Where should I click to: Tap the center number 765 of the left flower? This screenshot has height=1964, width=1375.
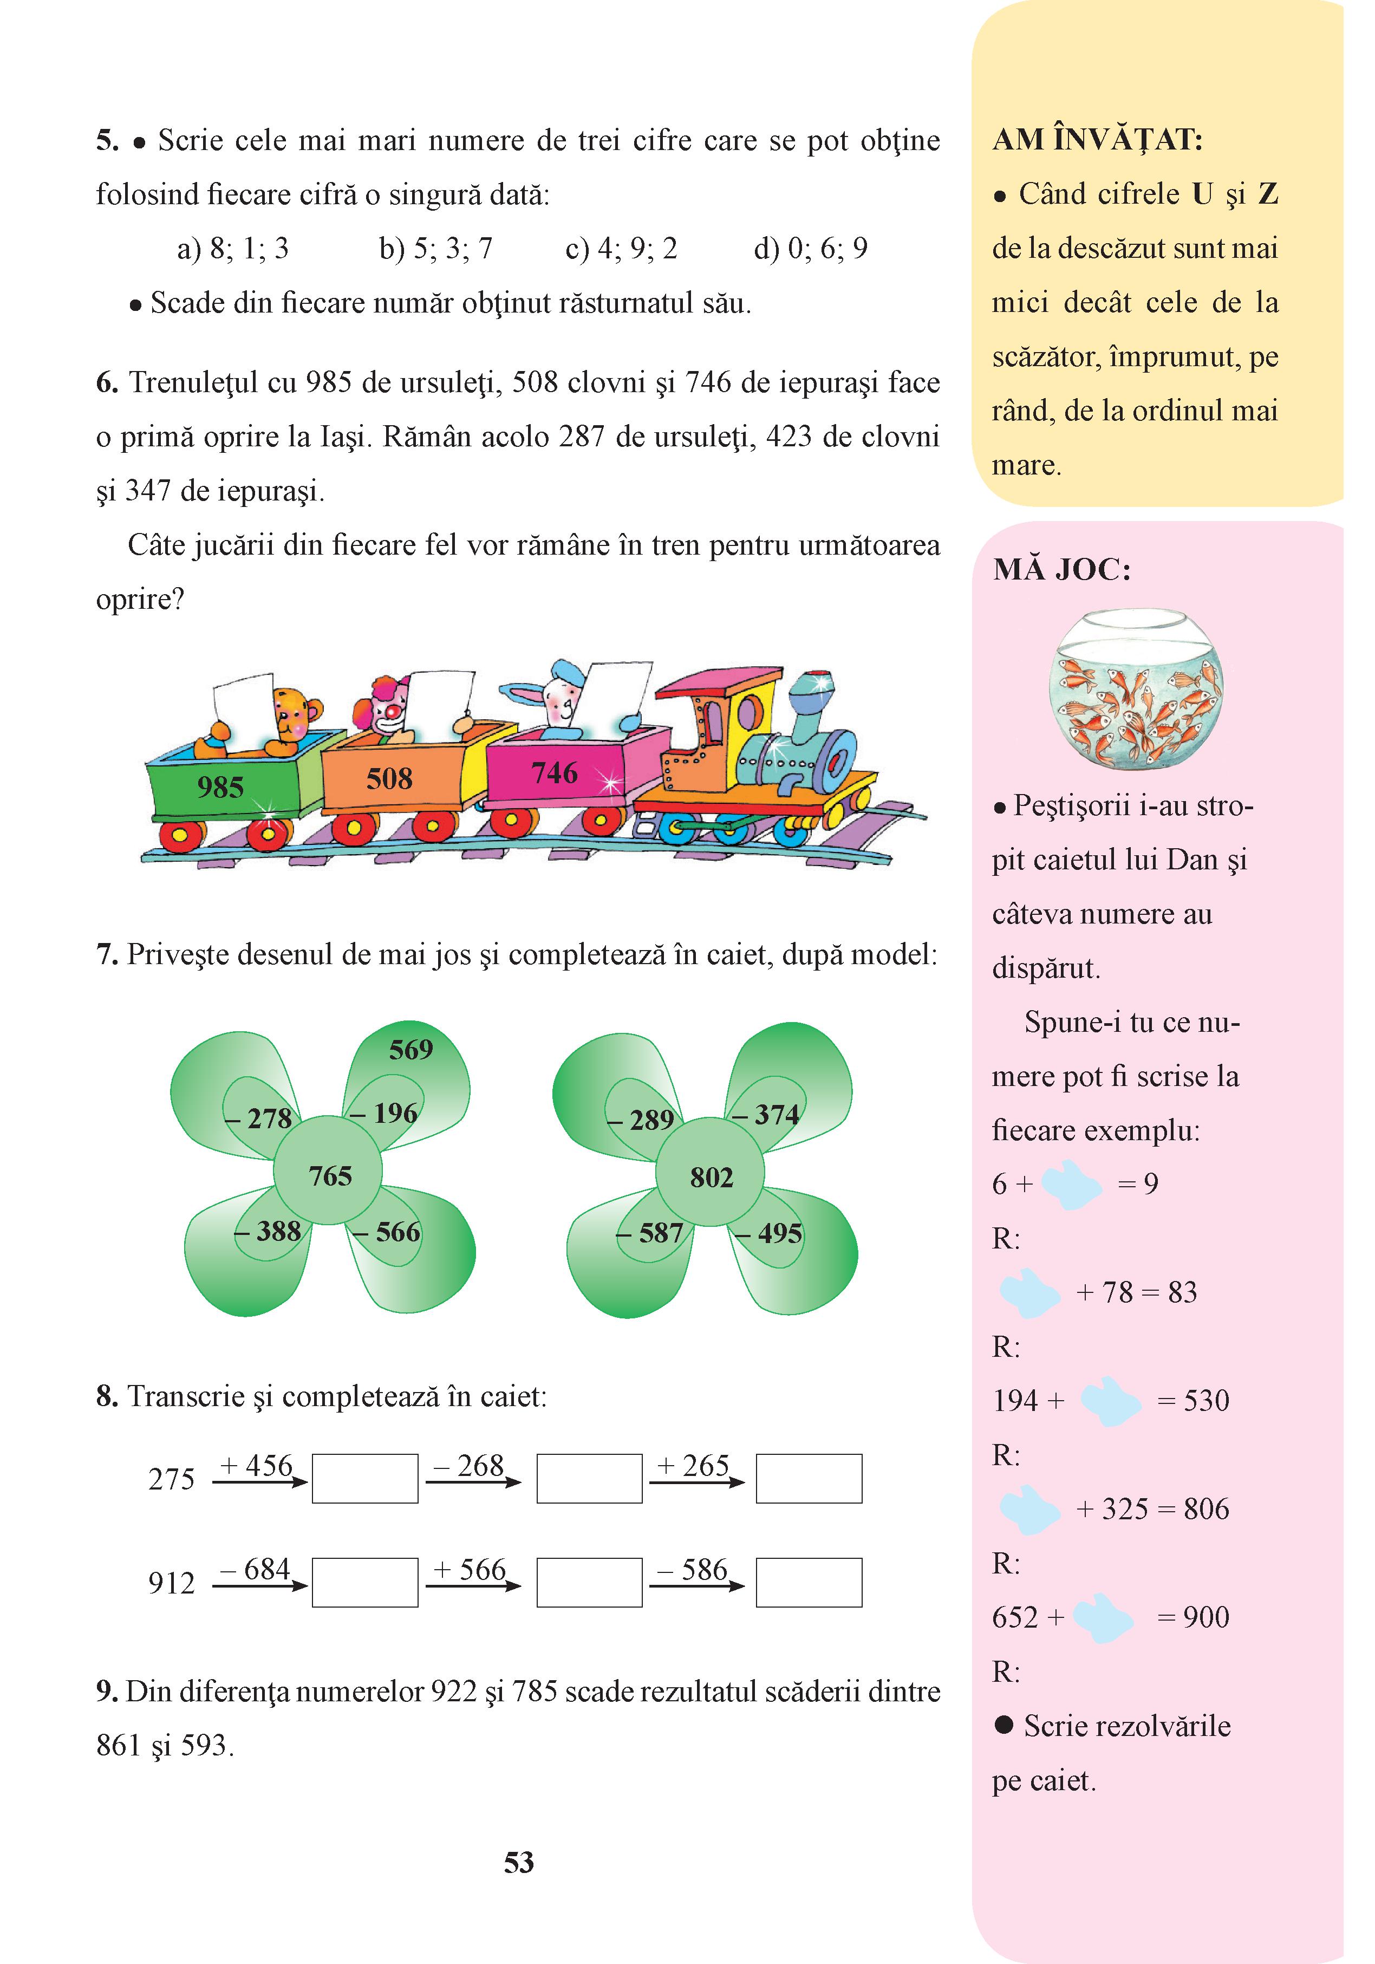(330, 1175)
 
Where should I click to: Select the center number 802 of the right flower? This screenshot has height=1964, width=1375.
(712, 1177)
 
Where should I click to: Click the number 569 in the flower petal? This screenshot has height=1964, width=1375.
(410, 1050)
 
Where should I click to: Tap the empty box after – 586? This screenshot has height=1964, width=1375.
(809, 1583)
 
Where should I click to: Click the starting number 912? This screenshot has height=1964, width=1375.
(171, 1583)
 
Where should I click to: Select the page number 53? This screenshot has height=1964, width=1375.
(519, 1862)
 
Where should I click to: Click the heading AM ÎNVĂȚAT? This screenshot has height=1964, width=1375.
(1098, 139)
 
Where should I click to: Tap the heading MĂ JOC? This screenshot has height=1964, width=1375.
(1062, 570)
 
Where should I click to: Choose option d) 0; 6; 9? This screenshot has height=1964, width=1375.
(811, 249)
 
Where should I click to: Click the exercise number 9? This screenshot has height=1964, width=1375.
(106, 1691)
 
